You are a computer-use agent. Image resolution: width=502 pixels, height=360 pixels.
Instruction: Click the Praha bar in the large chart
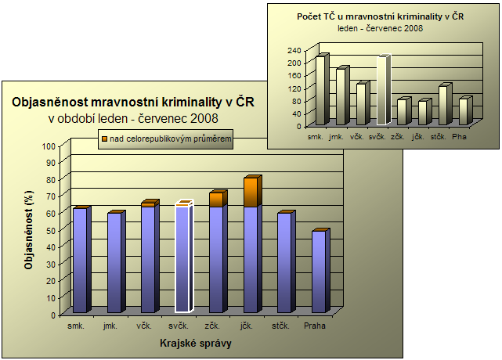pos(320,271)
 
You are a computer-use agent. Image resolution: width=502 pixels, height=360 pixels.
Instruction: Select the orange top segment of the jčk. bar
pos(253,192)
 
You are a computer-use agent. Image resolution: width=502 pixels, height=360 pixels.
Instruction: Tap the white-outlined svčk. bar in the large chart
pos(184,257)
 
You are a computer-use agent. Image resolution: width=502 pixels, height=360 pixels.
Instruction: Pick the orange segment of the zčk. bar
pos(218,199)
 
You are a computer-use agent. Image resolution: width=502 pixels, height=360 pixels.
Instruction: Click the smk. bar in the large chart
pos(82,260)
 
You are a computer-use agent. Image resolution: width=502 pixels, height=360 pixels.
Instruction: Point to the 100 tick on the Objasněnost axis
pos(49,146)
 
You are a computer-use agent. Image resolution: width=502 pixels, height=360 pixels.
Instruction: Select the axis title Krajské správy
pos(196,344)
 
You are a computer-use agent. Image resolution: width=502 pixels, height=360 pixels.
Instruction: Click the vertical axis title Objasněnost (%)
pos(29,230)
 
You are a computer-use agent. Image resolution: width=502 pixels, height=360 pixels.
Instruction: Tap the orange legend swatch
pos(105,139)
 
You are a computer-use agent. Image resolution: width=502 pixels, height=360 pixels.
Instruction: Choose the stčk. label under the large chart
pos(281,326)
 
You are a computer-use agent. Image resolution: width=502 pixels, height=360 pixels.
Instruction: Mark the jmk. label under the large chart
pos(110,326)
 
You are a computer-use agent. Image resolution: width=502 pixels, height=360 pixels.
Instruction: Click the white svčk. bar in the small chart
pos(384,89)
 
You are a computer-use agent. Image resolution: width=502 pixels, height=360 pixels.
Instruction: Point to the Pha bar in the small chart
pos(465,110)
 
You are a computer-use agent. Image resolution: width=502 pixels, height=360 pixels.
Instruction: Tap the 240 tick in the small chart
pos(294,51)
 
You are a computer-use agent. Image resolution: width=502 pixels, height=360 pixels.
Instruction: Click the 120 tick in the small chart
pos(294,88)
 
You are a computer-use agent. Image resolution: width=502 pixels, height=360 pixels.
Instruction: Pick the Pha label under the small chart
pos(459,137)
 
